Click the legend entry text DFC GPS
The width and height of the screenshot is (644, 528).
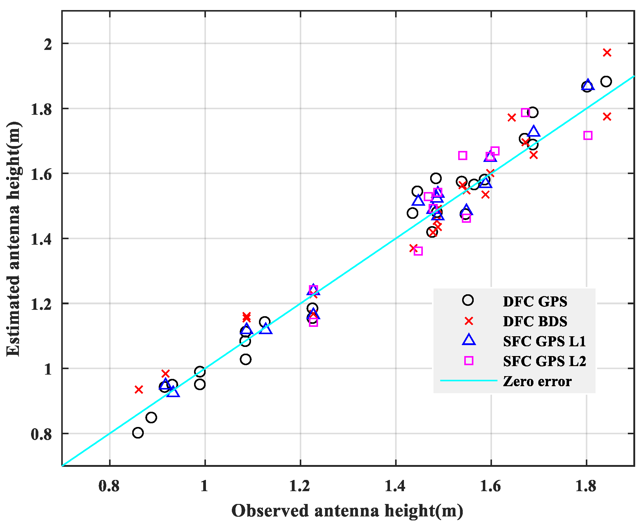(x=535, y=302)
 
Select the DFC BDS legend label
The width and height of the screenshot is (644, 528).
(x=535, y=321)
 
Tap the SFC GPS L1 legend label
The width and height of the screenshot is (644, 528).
(x=544, y=341)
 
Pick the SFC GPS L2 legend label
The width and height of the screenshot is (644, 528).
(x=544, y=361)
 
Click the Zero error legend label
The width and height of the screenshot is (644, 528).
(x=537, y=381)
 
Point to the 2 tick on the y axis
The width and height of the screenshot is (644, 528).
(x=48, y=44)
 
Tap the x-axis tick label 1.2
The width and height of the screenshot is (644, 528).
(x=299, y=486)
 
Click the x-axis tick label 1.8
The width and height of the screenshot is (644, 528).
(x=586, y=486)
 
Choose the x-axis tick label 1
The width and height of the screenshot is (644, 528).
(x=204, y=486)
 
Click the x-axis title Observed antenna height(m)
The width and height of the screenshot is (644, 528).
(x=347, y=511)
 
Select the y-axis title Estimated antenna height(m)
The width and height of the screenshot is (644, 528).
(x=13, y=239)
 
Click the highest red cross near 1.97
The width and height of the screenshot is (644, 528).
(x=607, y=53)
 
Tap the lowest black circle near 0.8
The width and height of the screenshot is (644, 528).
(x=138, y=433)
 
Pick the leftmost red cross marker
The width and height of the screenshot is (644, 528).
(x=139, y=390)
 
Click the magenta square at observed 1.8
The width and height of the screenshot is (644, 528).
(x=588, y=135)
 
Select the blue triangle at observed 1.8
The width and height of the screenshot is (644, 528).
(x=588, y=85)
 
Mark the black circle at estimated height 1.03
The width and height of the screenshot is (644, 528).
(x=246, y=359)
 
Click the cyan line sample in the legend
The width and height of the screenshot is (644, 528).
(x=469, y=381)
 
